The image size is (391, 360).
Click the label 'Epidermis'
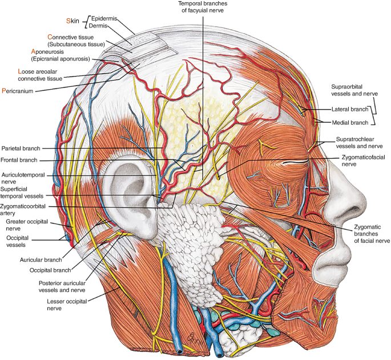click(x=104, y=18)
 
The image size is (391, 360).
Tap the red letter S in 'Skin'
click(x=68, y=21)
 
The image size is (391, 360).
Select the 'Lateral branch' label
click(x=349, y=109)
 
